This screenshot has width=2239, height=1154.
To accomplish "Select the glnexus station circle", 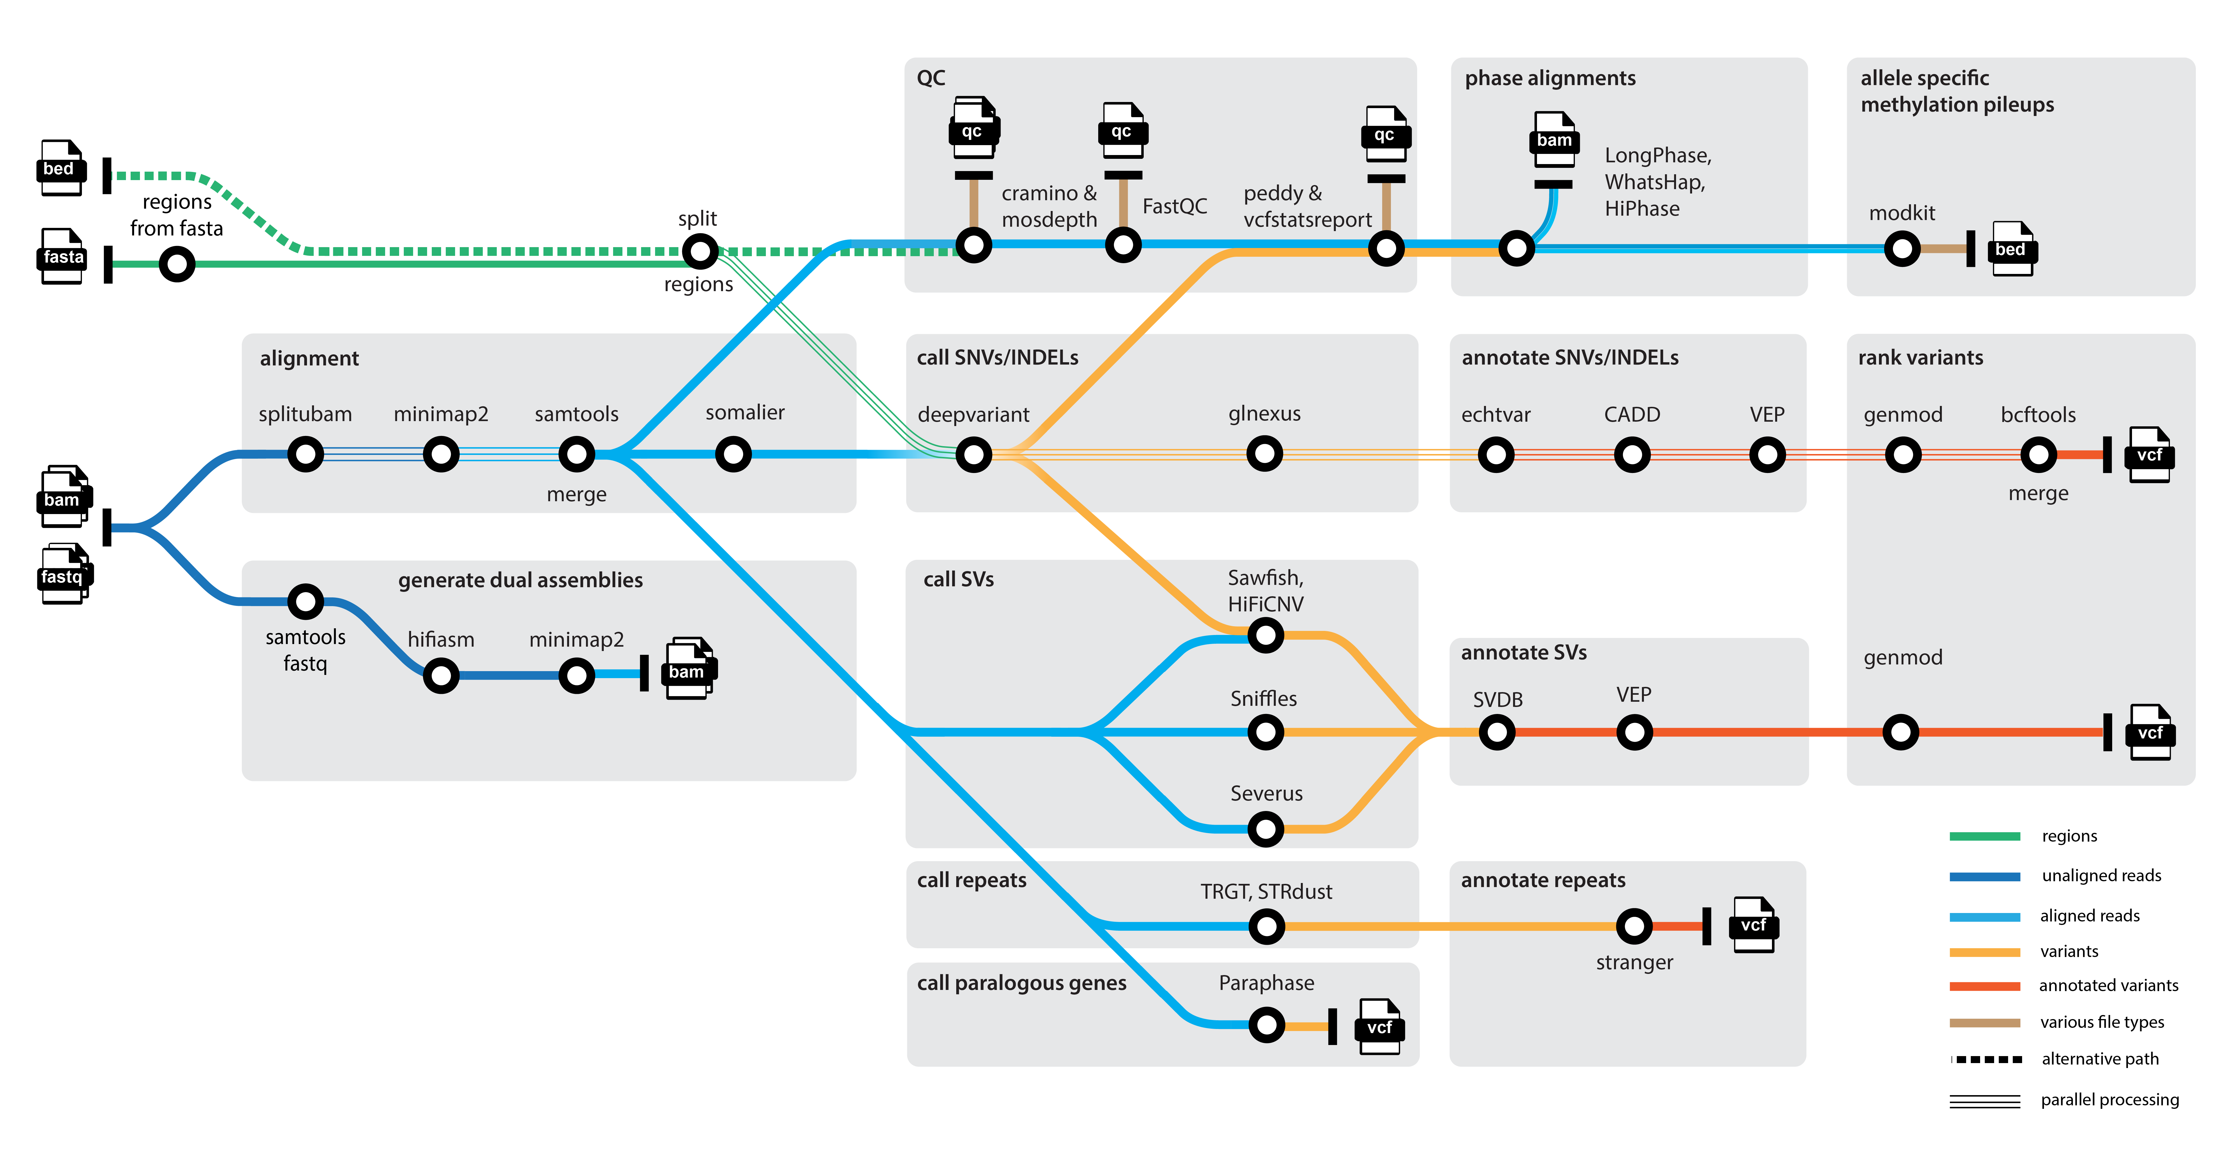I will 1265,454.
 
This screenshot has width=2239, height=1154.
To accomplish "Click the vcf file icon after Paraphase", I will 1379,1027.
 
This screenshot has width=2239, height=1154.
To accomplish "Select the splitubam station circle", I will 305,454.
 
